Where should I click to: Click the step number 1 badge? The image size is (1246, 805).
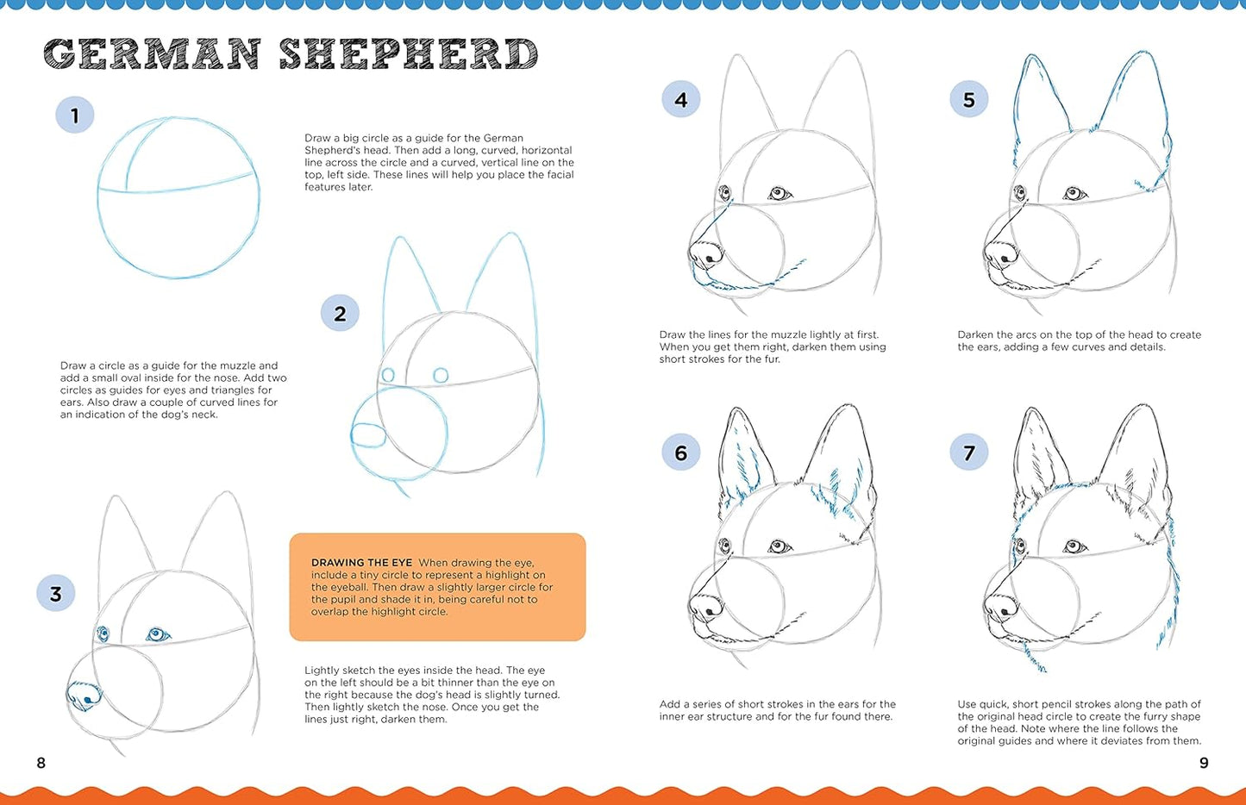[75, 115]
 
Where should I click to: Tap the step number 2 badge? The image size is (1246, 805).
[340, 314]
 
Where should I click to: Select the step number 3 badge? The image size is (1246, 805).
[56, 594]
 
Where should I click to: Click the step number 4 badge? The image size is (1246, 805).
[680, 100]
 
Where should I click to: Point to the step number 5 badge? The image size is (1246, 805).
[968, 100]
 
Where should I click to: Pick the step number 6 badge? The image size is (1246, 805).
[680, 452]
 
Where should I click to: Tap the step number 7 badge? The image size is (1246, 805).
[968, 452]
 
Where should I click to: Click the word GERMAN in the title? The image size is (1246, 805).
[152, 54]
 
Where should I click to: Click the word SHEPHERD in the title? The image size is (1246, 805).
[408, 54]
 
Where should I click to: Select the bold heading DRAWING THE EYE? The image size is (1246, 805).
[361, 563]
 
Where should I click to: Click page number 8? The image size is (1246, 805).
[41, 763]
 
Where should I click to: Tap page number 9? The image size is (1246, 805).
[1204, 763]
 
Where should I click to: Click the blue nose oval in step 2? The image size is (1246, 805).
[369, 435]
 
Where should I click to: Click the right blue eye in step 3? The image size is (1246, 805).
[157, 635]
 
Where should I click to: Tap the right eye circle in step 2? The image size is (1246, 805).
[441, 375]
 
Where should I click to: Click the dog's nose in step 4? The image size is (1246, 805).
[707, 253]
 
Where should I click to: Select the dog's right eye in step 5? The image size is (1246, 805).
[1074, 193]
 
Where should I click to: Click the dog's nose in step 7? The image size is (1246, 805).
[1000, 608]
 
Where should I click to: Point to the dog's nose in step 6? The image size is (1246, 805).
[707, 607]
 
